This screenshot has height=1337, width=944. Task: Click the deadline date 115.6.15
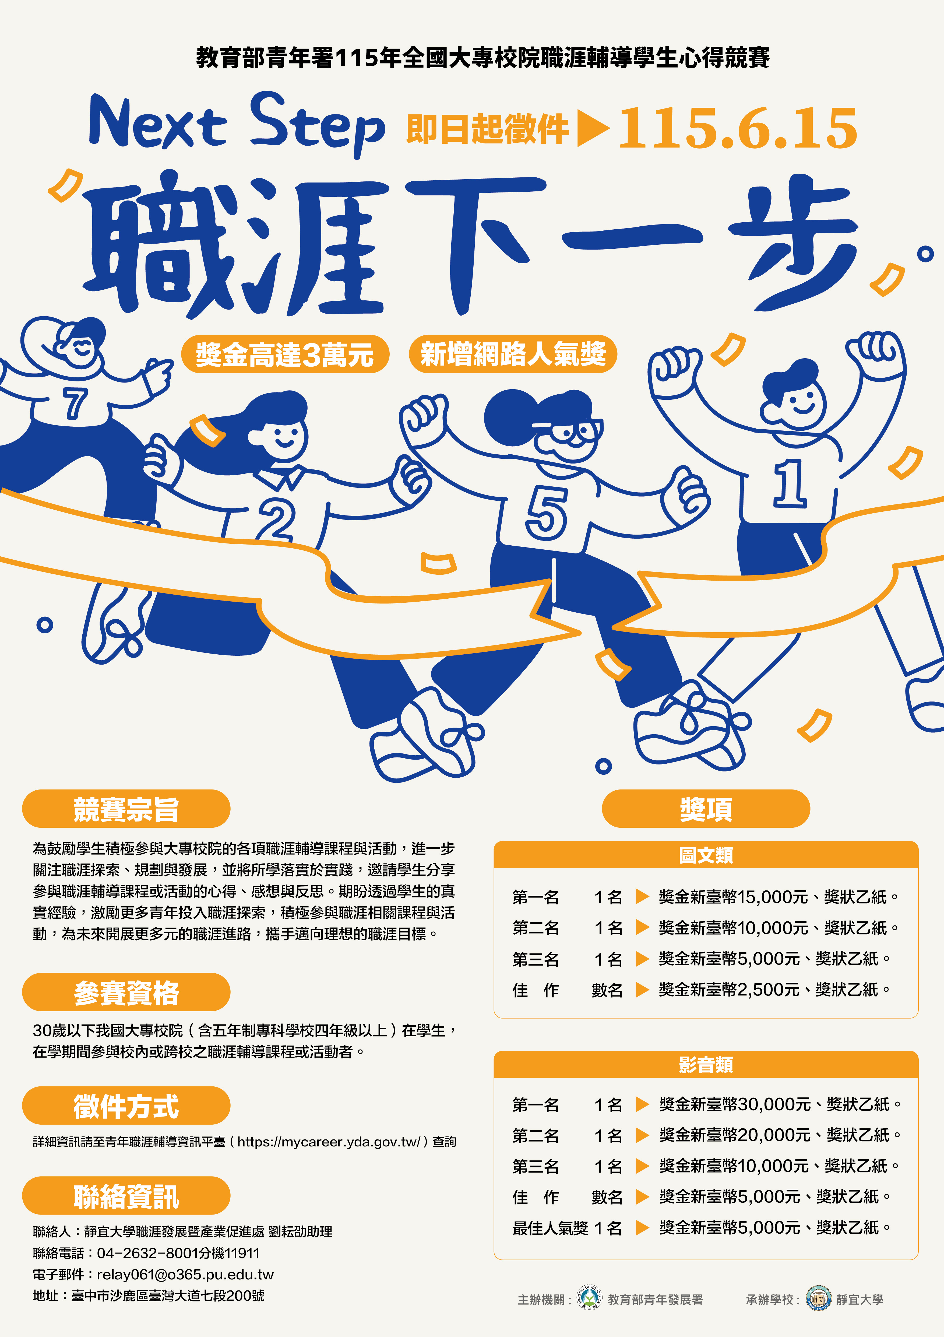[x=737, y=128]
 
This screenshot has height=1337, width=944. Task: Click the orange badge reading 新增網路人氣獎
[x=513, y=354]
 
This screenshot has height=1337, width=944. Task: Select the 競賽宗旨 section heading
[x=126, y=809]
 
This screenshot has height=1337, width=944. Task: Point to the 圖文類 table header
[x=706, y=855]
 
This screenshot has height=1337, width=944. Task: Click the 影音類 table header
[x=706, y=1065]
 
